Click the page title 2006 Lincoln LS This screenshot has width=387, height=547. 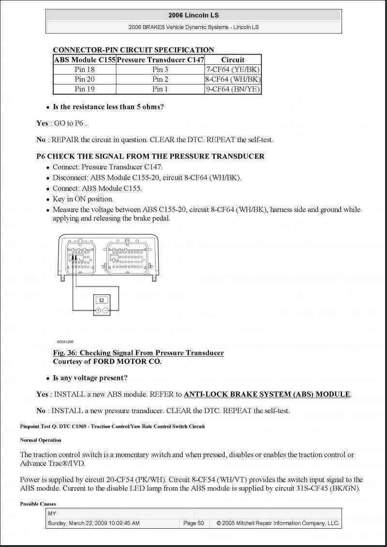coord(193,15)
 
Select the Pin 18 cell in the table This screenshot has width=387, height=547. coord(85,69)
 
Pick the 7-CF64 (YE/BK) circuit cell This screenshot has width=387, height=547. coord(233,69)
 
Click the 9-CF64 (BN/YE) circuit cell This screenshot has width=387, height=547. coord(233,89)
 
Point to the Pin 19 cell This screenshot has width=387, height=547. coord(85,89)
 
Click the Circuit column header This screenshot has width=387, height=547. coord(233,59)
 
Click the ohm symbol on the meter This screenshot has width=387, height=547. coord(101,300)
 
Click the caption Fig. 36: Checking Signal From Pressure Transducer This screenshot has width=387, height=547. coord(138,353)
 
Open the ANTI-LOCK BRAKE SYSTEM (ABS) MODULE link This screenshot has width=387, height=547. coord(267,394)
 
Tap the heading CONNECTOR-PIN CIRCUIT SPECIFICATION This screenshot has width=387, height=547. coord(133,50)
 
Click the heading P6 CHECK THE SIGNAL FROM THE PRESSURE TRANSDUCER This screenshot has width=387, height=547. coord(150,156)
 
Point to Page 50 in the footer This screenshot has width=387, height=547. coord(193,523)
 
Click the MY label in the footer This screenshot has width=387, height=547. coord(52,513)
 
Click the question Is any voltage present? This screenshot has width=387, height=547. coord(90,378)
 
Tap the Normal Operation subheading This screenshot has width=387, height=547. coord(41,440)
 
